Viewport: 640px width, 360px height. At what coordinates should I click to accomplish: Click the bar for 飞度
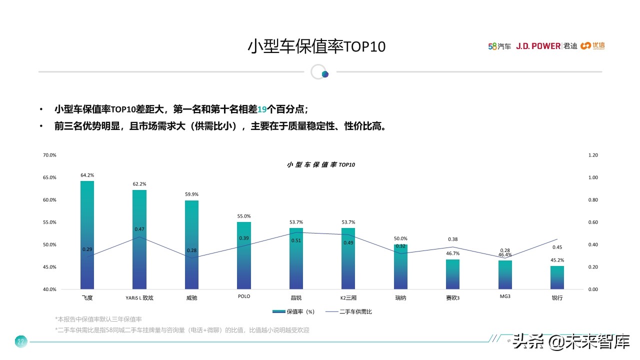pyautogui.click(x=87, y=235)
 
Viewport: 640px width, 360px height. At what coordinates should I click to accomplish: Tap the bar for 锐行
pyautogui.click(x=557, y=277)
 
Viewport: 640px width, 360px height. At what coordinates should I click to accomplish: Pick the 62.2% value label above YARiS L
pyautogui.click(x=139, y=184)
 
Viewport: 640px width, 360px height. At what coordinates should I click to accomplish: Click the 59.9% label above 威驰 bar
pyautogui.click(x=191, y=194)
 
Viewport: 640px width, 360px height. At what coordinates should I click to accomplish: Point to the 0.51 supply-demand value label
pyautogui.click(x=296, y=240)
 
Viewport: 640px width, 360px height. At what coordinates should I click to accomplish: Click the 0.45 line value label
pyautogui.click(x=557, y=247)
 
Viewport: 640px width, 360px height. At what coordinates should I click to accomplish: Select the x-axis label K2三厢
pyautogui.click(x=348, y=297)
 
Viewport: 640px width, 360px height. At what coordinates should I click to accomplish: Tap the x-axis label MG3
pyautogui.click(x=505, y=296)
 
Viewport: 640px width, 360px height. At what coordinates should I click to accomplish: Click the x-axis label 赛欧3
pyautogui.click(x=452, y=297)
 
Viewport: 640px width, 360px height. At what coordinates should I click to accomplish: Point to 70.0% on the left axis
pyautogui.click(x=49, y=155)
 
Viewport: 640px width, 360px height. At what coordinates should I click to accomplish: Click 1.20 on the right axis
pyautogui.click(x=593, y=155)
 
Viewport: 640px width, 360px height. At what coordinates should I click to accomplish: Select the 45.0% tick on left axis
pyautogui.click(x=49, y=267)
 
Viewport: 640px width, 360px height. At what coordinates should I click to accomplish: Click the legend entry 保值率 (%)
pyautogui.click(x=293, y=311)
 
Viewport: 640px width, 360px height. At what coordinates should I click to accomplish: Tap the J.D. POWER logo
pyautogui.click(x=538, y=46)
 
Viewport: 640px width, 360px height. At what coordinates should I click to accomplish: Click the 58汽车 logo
pyautogui.click(x=499, y=46)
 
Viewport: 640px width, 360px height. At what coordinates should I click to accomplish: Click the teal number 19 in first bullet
pyautogui.click(x=262, y=109)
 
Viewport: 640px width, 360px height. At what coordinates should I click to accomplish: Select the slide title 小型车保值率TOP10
pyautogui.click(x=317, y=46)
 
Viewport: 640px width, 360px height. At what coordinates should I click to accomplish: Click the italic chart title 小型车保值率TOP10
pyautogui.click(x=321, y=164)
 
